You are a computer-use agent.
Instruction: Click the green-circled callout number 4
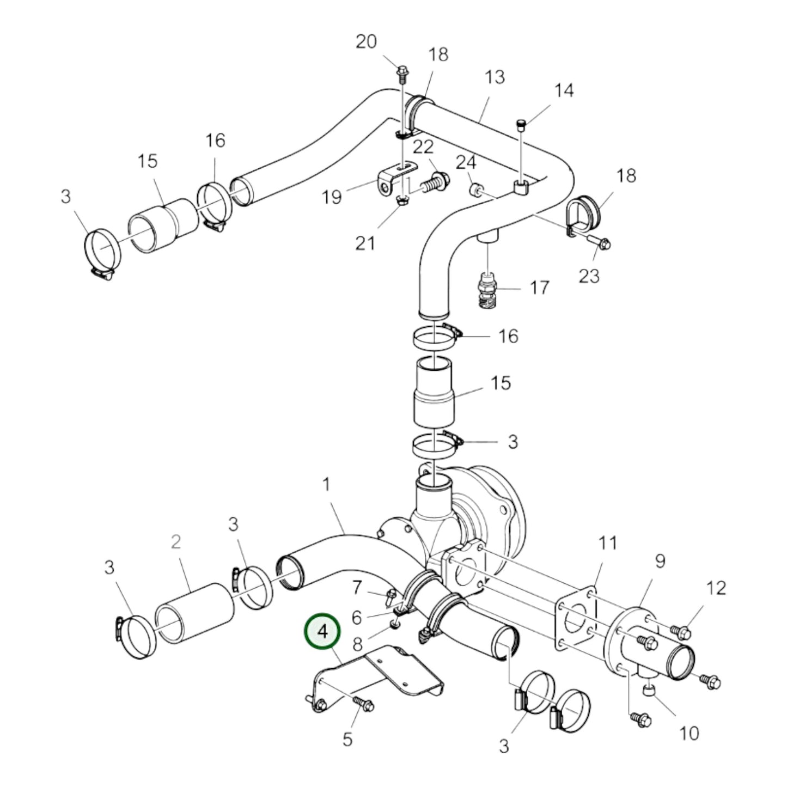323,632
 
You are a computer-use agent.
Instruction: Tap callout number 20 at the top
366,41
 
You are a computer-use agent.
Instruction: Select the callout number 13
495,77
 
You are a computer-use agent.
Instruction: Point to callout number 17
539,288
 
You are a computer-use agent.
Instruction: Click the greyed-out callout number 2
175,542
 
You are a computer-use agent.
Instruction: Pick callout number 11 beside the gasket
608,543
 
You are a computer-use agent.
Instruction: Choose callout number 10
690,733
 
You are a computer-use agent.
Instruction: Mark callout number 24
466,162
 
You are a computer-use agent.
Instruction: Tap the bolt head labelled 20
402,71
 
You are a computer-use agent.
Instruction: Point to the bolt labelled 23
601,242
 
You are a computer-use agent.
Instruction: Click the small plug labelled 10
649,691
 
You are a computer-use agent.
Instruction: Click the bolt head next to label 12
681,632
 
